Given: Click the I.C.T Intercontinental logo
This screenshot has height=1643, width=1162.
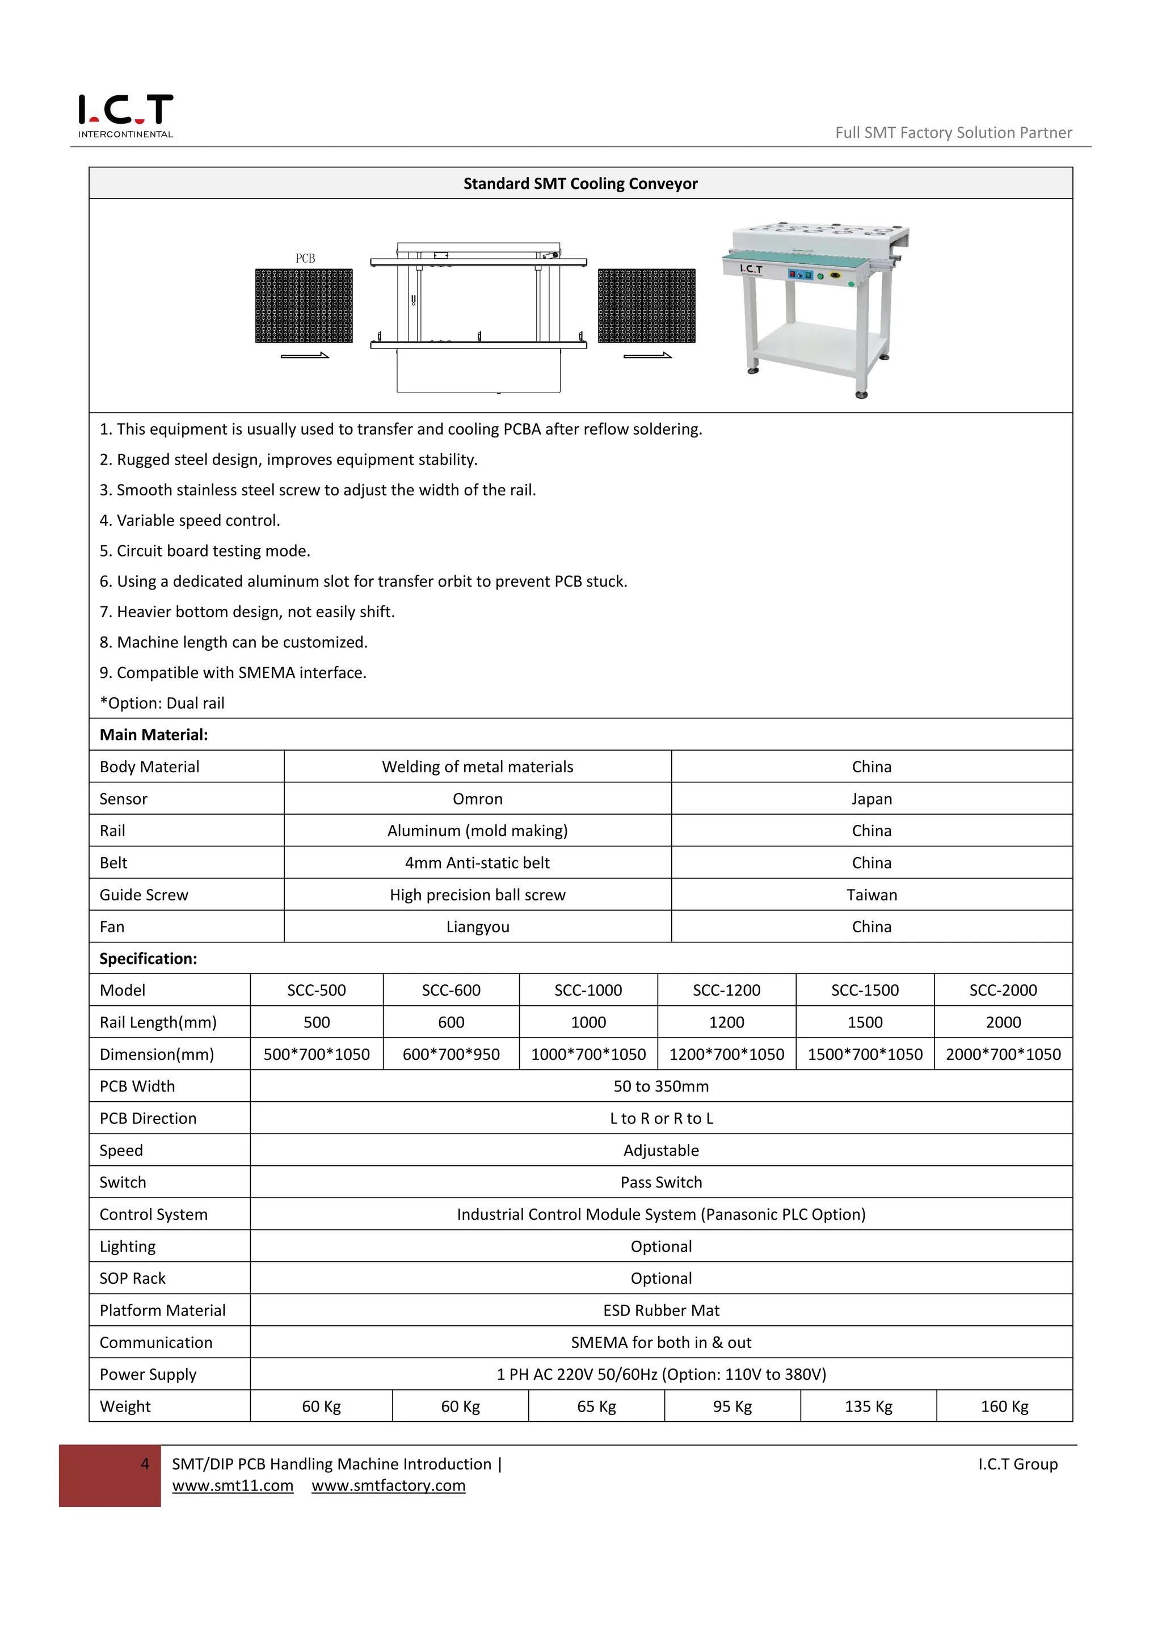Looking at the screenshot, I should [x=125, y=115].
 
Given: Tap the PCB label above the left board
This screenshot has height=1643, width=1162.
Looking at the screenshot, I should [x=305, y=258].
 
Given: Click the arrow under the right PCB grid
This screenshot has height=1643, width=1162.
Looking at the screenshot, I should [x=647, y=356].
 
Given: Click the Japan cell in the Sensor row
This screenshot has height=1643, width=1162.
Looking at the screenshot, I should [x=871, y=799].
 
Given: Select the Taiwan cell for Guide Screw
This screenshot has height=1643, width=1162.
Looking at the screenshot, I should [x=871, y=895].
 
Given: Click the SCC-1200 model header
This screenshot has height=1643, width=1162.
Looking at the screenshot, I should [x=726, y=991].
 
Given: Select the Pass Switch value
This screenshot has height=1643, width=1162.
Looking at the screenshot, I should [x=660, y=1182].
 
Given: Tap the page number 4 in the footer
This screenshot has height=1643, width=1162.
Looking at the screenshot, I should [x=145, y=1464].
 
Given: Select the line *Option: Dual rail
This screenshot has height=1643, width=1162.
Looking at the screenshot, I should [x=162, y=703].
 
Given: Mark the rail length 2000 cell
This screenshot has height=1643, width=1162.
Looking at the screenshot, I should [x=1003, y=1022].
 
